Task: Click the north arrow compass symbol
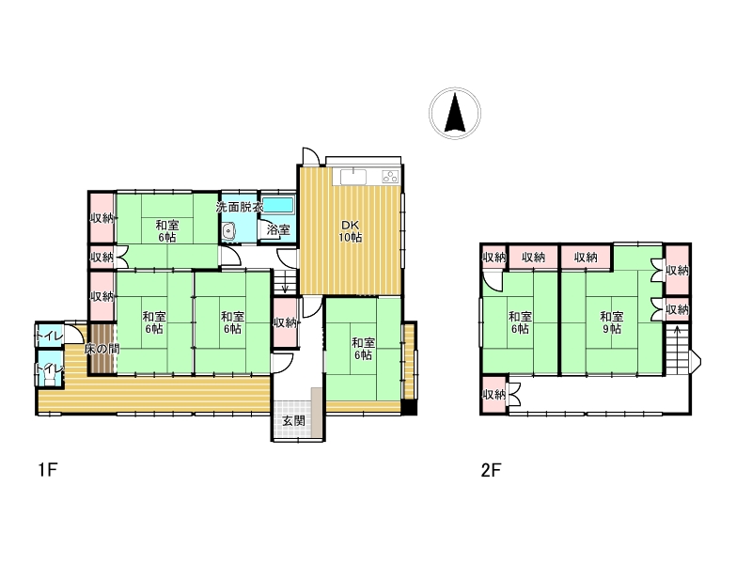pos(455,113)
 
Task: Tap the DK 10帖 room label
pos(351,230)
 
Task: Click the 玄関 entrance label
pos(293,420)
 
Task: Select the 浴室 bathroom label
pos(278,229)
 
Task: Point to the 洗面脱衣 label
pos(240,207)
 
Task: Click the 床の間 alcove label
pos(102,349)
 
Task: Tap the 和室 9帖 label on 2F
pos(612,322)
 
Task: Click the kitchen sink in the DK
pos(353,177)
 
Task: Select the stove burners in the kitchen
pos(390,177)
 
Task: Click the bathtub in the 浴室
pos(277,205)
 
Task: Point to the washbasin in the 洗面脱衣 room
pos(228,231)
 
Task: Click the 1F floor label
pos(48,469)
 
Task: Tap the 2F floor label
pos(491,469)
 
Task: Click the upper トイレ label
pos(50,337)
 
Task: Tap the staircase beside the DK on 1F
pos(285,281)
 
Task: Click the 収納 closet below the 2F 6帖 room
pos(494,395)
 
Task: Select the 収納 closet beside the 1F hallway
pos(285,322)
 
